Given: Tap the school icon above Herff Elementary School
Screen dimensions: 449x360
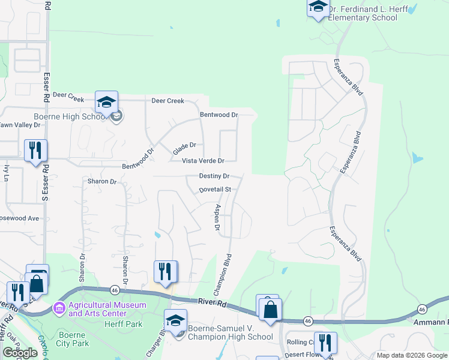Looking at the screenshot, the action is [318, 7].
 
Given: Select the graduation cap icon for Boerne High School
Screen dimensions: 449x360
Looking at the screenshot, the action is [106, 103].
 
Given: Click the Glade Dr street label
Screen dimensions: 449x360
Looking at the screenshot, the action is [184, 145].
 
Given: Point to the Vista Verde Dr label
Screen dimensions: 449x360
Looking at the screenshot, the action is [203, 161].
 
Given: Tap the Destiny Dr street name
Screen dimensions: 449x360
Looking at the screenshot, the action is [214, 176].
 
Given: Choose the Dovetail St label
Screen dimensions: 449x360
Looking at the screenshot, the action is [215, 190].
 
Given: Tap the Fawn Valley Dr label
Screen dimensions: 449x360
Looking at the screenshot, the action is [20, 125].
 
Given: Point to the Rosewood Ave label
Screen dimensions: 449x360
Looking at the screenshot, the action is [20, 218].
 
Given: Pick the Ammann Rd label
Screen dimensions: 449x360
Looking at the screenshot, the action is [432, 322].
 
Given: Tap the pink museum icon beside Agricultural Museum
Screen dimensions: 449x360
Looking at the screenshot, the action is [59, 309].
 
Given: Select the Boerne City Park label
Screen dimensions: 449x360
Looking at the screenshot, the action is [73, 339].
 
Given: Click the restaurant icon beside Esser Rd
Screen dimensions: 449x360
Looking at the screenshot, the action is [36, 150].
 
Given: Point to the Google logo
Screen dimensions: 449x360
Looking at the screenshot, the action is [20, 353].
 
